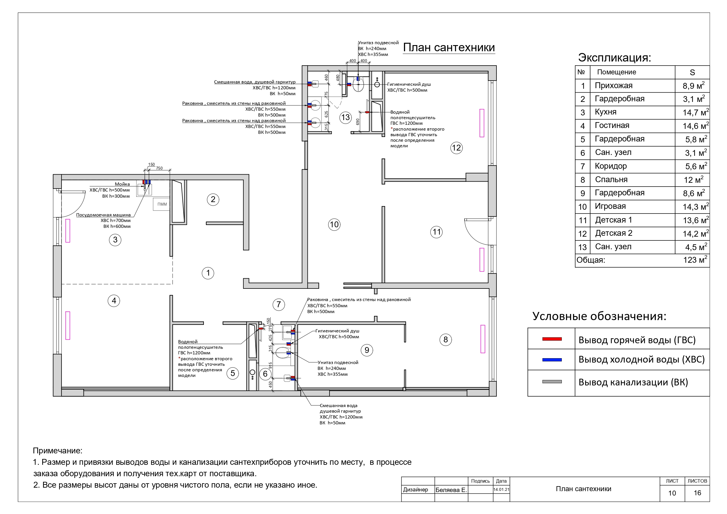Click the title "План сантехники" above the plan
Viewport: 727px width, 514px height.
(449, 47)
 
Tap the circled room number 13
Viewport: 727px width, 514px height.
(345, 117)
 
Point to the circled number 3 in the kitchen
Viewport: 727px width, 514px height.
(115, 240)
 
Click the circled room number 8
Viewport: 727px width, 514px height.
(446, 340)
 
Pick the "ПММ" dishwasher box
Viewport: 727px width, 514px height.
(162, 204)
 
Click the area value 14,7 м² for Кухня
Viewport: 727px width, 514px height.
(695, 112)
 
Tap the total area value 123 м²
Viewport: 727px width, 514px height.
(695, 260)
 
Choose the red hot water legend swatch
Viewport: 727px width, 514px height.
(552, 339)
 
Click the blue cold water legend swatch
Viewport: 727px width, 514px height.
(552, 360)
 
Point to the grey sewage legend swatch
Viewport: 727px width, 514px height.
(552, 382)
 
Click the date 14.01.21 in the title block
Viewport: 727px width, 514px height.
(501, 489)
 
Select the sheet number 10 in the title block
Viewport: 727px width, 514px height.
(672, 493)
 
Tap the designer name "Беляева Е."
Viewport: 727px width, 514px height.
(451, 490)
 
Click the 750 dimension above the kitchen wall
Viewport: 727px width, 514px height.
(159, 168)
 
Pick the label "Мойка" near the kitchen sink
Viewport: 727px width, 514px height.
(122, 184)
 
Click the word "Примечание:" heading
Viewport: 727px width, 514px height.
(58, 450)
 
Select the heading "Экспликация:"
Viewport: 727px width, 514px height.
(615, 58)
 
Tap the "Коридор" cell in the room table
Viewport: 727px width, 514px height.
(611, 166)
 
